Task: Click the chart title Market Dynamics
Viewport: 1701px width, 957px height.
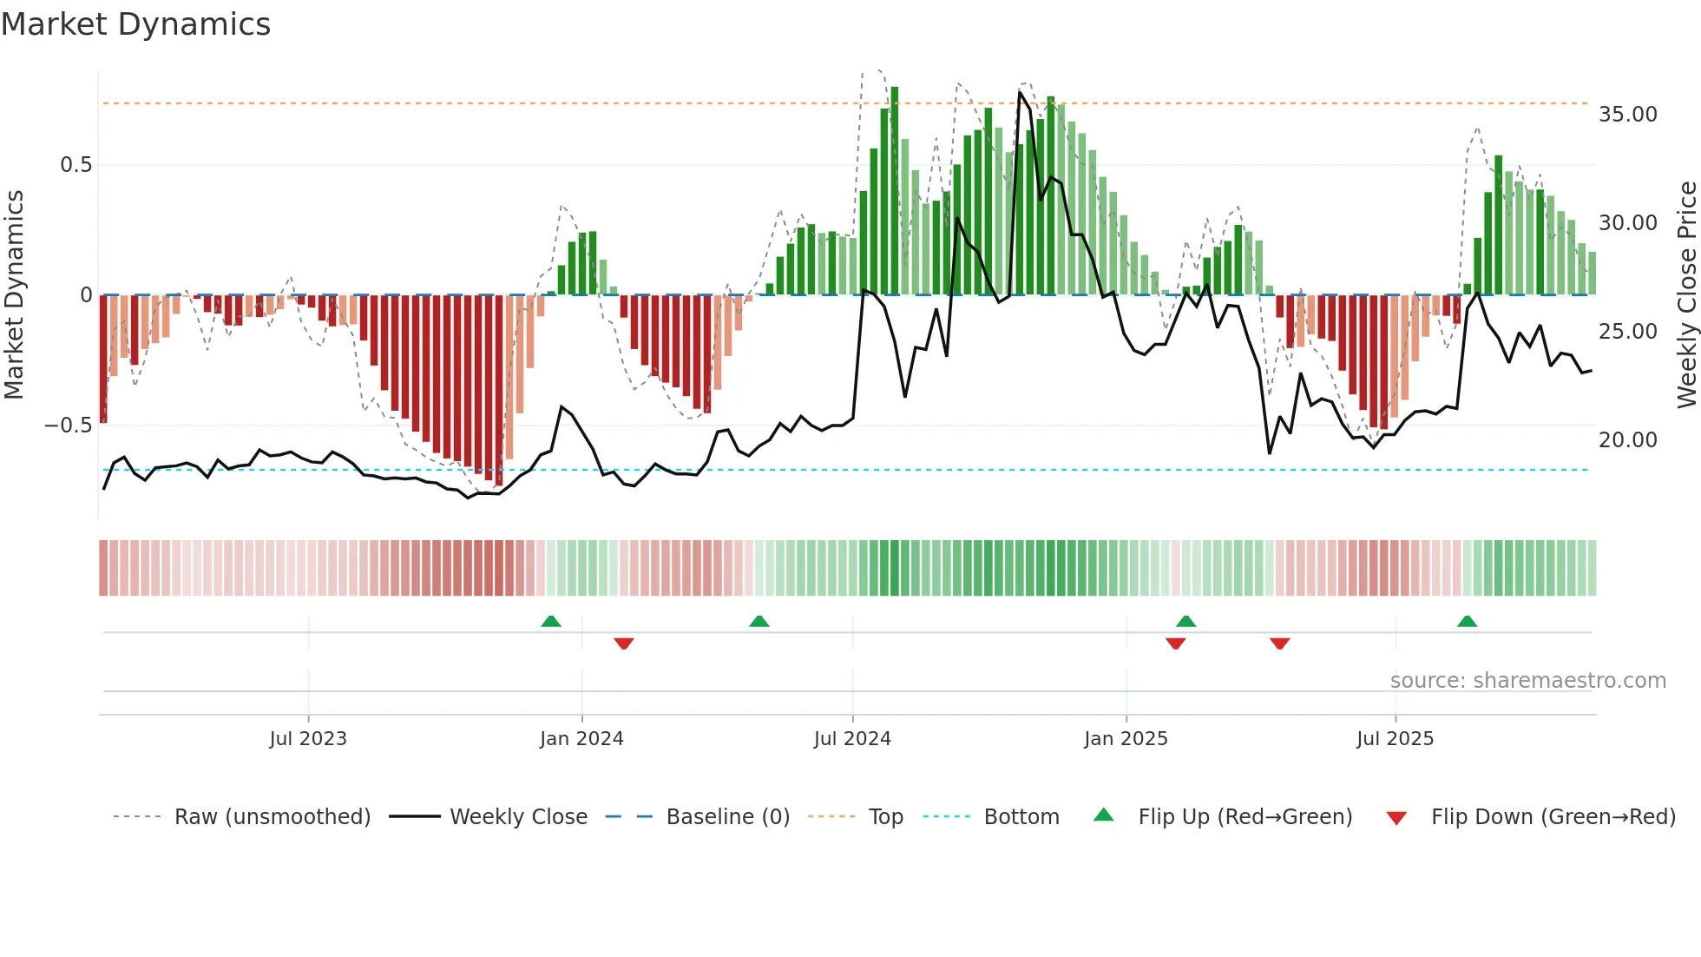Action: click(x=135, y=24)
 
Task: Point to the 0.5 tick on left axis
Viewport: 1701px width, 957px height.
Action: click(x=76, y=165)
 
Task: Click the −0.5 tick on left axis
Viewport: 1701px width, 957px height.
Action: click(x=68, y=426)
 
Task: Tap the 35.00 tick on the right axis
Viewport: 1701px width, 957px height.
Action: click(x=1627, y=115)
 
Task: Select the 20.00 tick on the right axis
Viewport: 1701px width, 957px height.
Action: click(x=1627, y=440)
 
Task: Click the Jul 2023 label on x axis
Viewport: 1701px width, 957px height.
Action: click(x=307, y=739)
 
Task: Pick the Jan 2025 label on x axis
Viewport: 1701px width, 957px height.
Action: click(x=1126, y=739)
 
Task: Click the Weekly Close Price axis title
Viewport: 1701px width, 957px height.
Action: click(x=1686, y=294)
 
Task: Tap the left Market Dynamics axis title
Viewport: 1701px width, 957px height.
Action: click(x=14, y=294)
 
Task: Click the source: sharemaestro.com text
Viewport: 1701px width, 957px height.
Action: click(x=1527, y=681)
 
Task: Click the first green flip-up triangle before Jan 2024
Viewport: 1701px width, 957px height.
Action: click(x=550, y=621)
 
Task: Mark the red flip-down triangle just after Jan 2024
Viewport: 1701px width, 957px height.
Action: click(x=623, y=643)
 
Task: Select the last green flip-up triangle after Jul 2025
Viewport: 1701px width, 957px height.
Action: click(x=1467, y=621)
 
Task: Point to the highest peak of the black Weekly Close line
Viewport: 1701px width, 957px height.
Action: click(x=1021, y=92)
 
